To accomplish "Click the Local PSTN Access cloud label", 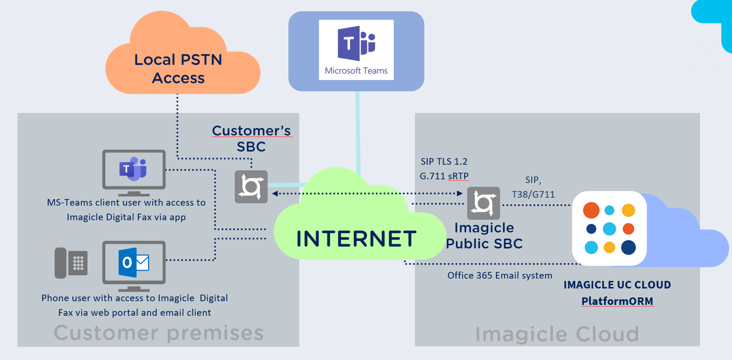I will point(178,69).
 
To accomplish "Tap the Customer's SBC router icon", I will point(251,186).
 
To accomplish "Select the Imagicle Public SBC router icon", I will point(483,203).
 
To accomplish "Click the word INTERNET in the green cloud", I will point(357,239).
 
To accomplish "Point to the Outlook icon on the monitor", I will point(134,263).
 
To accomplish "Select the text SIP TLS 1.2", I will point(444,161).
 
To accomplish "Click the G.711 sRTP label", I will point(444,176).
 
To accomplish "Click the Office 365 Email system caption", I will point(500,275).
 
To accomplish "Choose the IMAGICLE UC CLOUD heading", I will point(617,285).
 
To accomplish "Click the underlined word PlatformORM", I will point(617,300).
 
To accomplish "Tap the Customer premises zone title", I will point(159,333).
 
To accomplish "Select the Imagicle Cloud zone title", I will point(557,334).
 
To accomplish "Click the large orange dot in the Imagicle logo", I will point(591,210).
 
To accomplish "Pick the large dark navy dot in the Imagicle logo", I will point(629,247).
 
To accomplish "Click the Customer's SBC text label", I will point(251,138).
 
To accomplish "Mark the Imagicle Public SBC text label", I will point(484,235).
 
